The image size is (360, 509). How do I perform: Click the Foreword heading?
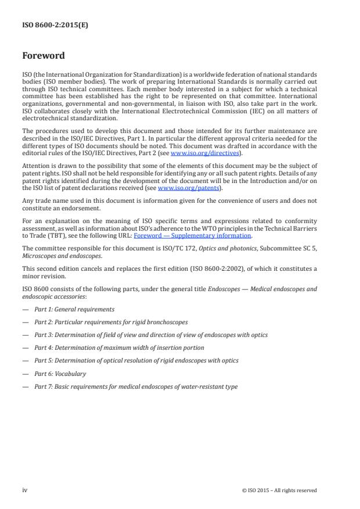(x=44, y=56)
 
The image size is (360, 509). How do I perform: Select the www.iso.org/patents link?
(x=181, y=188)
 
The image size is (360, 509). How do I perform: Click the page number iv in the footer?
(x=25, y=490)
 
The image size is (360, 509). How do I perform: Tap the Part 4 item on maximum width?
(x=119, y=347)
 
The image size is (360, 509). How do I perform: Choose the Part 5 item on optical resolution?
(x=136, y=360)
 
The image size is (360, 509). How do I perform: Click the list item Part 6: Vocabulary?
(x=60, y=374)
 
